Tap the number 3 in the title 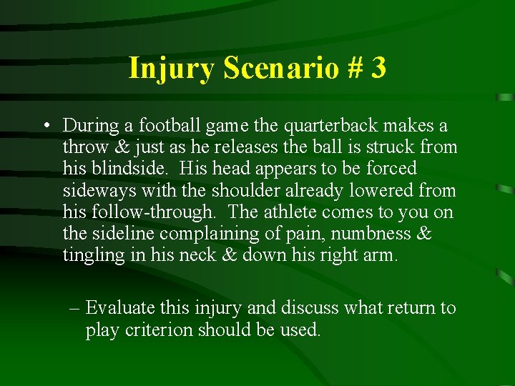(378, 69)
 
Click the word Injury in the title (172, 69)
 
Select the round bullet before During (45, 127)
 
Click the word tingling (91, 255)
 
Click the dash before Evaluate (75, 308)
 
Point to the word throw (84, 147)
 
